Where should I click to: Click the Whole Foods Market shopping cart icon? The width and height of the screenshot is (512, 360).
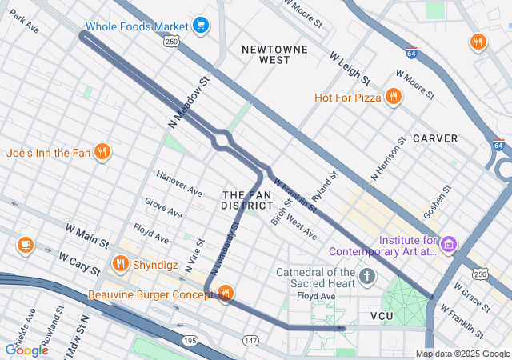click(x=200, y=26)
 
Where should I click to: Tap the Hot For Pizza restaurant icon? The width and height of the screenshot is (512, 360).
click(x=392, y=98)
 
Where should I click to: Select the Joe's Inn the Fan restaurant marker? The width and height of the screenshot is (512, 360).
click(x=102, y=152)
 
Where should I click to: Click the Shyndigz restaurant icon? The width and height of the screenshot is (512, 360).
click(x=120, y=262)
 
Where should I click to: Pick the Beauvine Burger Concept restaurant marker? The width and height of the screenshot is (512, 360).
click(x=225, y=294)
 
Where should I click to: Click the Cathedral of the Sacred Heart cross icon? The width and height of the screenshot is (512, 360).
click(x=367, y=277)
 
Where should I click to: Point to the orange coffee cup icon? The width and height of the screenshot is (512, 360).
click(x=26, y=243)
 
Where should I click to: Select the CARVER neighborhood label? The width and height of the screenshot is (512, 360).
click(x=435, y=138)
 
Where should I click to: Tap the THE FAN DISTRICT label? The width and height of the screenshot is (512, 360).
click(x=247, y=201)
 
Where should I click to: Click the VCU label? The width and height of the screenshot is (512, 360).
click(x=382, y=317)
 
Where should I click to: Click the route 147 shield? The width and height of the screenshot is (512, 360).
click(x=250, y=341)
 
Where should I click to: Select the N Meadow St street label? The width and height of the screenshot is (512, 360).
click(x=189, y=102)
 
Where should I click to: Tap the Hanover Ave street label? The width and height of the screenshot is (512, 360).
click(x=179, y=184)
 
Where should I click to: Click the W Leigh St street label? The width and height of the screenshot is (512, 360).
click(x=350, y=69)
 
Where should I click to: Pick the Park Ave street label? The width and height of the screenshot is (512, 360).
click(x=24, y=22)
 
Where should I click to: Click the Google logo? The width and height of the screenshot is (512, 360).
click(x=26, y=350)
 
